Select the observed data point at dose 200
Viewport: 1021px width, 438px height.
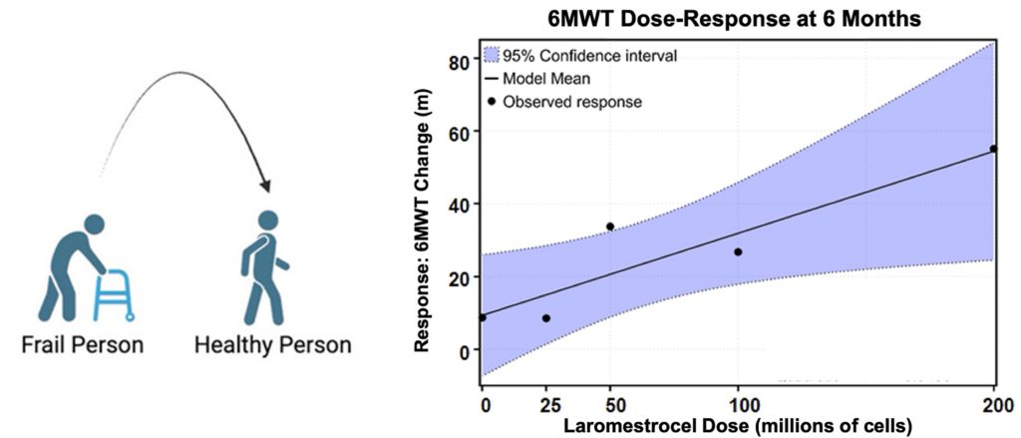993,149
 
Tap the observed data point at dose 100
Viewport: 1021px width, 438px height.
738,251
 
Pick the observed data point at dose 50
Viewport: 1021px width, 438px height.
610,226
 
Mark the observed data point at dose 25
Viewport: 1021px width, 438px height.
545,318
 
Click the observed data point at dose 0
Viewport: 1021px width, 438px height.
483,317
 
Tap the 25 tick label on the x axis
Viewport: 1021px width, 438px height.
545,404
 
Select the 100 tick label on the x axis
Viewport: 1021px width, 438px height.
738,404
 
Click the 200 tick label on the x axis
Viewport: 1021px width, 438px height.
993,404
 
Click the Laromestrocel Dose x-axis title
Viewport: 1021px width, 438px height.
740,426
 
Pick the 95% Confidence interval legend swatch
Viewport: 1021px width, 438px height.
493,55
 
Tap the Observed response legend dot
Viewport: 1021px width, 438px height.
492,101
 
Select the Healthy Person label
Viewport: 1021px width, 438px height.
272,345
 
